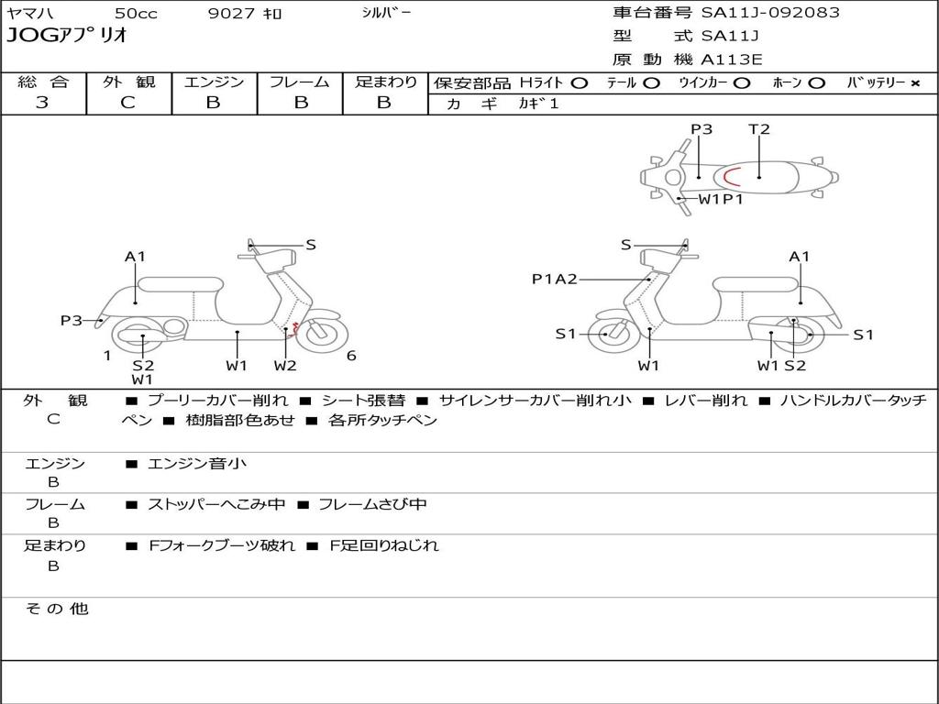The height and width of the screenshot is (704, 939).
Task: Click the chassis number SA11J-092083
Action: coord(770,13)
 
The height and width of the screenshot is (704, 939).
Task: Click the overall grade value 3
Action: coord(42,103)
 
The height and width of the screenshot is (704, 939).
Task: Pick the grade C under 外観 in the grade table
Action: coord(127,103)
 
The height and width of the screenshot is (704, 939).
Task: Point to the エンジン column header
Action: coord(214,82)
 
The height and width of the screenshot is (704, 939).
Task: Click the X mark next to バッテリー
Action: coord(914,83)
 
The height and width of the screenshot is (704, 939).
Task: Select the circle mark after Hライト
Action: coord(579,83)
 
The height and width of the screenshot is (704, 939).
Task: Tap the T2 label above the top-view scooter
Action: coord(759,129)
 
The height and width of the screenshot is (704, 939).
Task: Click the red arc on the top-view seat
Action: coord(730,177)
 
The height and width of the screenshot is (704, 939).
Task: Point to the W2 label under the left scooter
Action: coord(285,366)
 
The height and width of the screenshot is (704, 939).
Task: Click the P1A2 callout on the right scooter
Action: coord(554,280)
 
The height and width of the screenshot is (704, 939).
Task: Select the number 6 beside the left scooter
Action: coord(351,356)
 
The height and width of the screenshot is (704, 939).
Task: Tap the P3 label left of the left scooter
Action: coord(72,321)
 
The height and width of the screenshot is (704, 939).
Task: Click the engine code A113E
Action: coord(732,60)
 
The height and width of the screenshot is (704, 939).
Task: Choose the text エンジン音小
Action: coord(197,464)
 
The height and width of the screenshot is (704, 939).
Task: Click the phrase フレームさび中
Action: coord(372,504)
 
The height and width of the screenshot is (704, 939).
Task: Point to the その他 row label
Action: coord(56,609)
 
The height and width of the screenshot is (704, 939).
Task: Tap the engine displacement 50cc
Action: coord(136,14)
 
